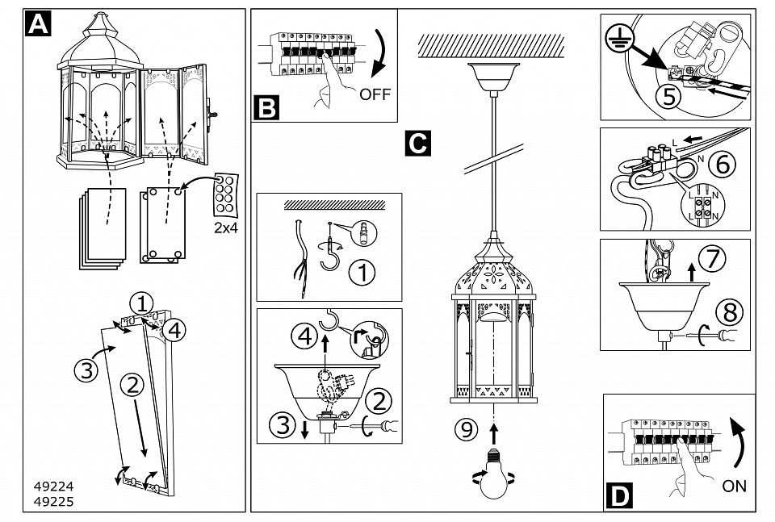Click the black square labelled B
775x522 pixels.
click(x=266, y=107)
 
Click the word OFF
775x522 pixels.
click(x=375, y=94)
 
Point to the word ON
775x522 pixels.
click(x=735, y=486)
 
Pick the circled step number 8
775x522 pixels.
click(x=724, y=310)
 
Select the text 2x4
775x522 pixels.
click(x=226, y=228)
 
